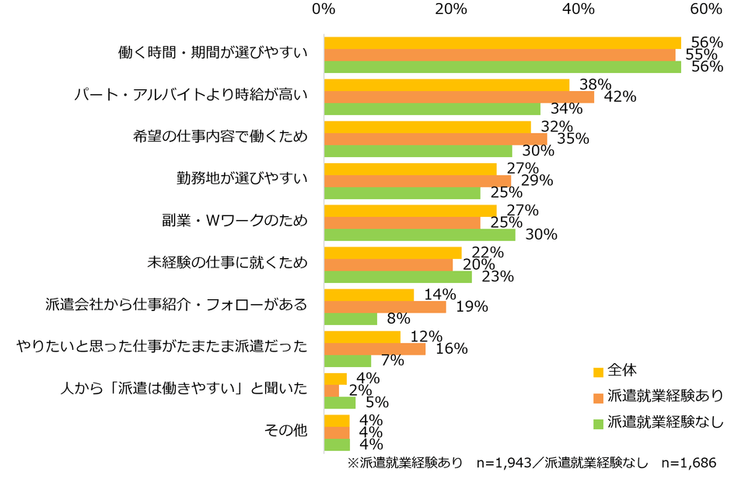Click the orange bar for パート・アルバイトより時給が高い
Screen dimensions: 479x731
[459, 96]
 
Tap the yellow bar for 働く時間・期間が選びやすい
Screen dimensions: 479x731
[502, 43]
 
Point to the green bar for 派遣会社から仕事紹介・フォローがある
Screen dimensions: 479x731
[350, 319]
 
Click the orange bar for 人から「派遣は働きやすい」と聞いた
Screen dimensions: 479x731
[331, 390]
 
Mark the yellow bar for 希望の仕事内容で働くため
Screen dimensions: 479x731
[427, 127]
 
